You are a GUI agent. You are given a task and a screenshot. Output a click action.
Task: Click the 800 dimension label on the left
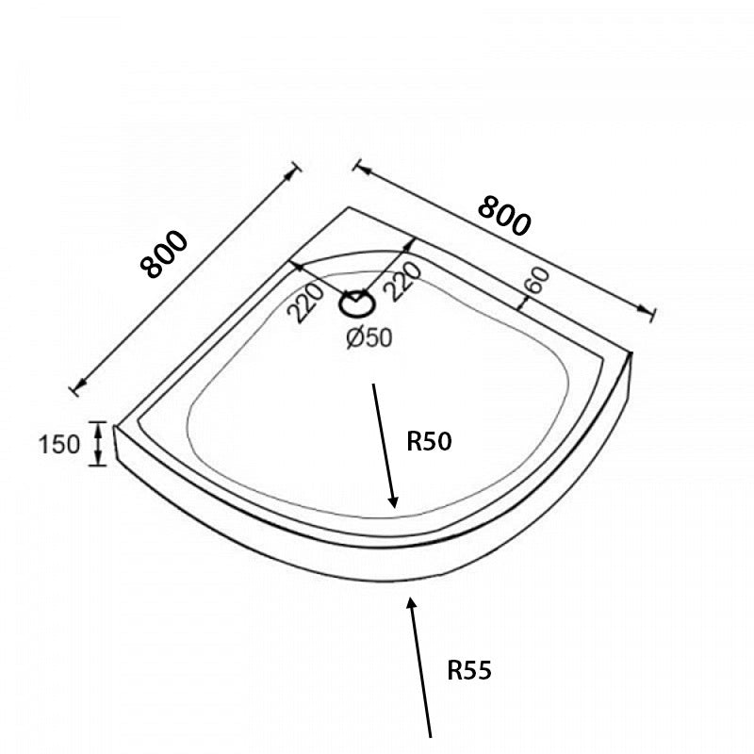click(x=163, y=254)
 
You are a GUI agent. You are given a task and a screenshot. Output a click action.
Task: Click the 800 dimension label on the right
click(x=505, y=216)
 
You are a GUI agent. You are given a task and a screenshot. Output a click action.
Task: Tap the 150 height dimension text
click(x=58, y=444)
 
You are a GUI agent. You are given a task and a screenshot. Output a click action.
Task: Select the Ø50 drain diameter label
click(x=369, y=337)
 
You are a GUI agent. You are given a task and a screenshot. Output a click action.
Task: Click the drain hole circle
click(x=357, y=304)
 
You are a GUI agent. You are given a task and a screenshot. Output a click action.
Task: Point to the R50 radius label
click(x=429, y=441)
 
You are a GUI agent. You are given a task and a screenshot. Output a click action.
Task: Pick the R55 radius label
click(x=469, y=670)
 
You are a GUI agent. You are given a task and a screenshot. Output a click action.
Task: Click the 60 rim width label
click(x=536, y=280)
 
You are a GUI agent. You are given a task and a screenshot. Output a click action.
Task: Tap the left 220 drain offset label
click(x=305, y=303)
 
